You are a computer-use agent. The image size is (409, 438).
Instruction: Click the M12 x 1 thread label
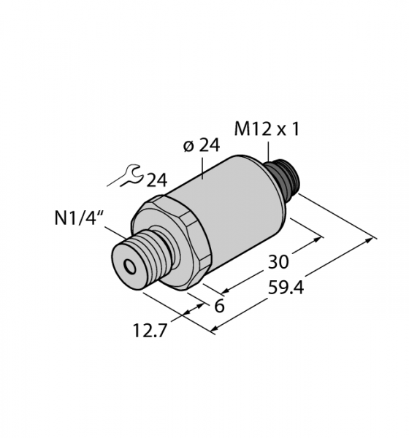tap(267, 130)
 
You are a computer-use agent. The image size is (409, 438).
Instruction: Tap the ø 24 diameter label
tap(202, 145)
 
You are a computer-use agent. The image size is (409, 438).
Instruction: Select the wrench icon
tap(126, 175)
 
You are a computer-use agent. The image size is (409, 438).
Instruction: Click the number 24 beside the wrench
tap(157, 180)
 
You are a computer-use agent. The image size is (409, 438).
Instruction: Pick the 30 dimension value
tap(278, 262)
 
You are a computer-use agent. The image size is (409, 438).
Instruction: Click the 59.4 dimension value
tap(286, 288)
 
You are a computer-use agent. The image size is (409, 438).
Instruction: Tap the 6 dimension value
tap(219, 306)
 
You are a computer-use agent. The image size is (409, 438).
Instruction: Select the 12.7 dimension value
tap(150, 331)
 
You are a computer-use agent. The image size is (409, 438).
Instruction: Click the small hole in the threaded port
tap(131, 267)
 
